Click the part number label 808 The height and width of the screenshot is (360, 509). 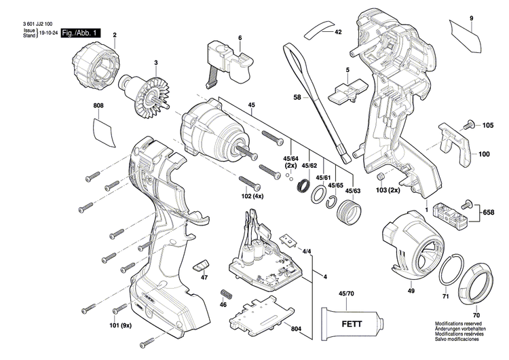point(98,106)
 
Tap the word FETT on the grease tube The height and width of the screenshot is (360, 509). point(352,325)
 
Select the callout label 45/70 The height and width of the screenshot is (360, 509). point(346,293)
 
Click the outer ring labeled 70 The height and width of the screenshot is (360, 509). point(475,283)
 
